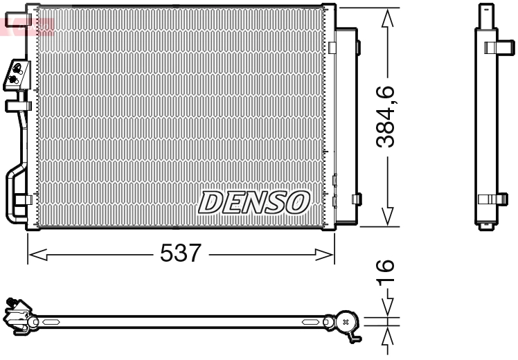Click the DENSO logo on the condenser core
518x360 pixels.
(253, 201)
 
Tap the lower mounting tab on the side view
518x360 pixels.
(493, 199)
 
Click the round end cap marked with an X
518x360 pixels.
(346, 321)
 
